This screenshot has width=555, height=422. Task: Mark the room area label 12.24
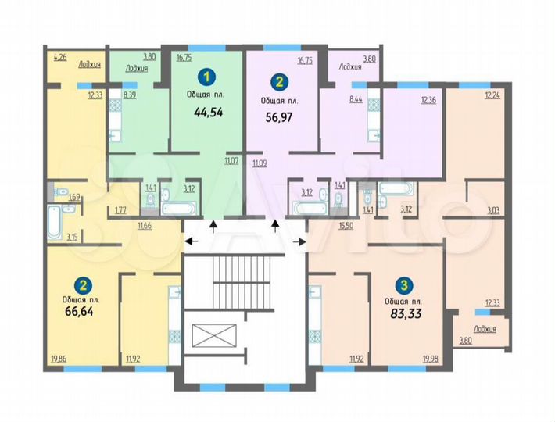[x=492, y=96]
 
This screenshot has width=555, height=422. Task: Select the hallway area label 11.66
[x=144, y=226]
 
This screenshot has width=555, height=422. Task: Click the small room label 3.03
[x=493, y=209]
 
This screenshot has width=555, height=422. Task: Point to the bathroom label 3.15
[x=72, y=236]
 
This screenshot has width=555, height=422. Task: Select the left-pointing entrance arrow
[x=192, y=241]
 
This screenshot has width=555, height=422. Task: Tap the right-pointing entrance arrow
[x=299, y=241]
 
